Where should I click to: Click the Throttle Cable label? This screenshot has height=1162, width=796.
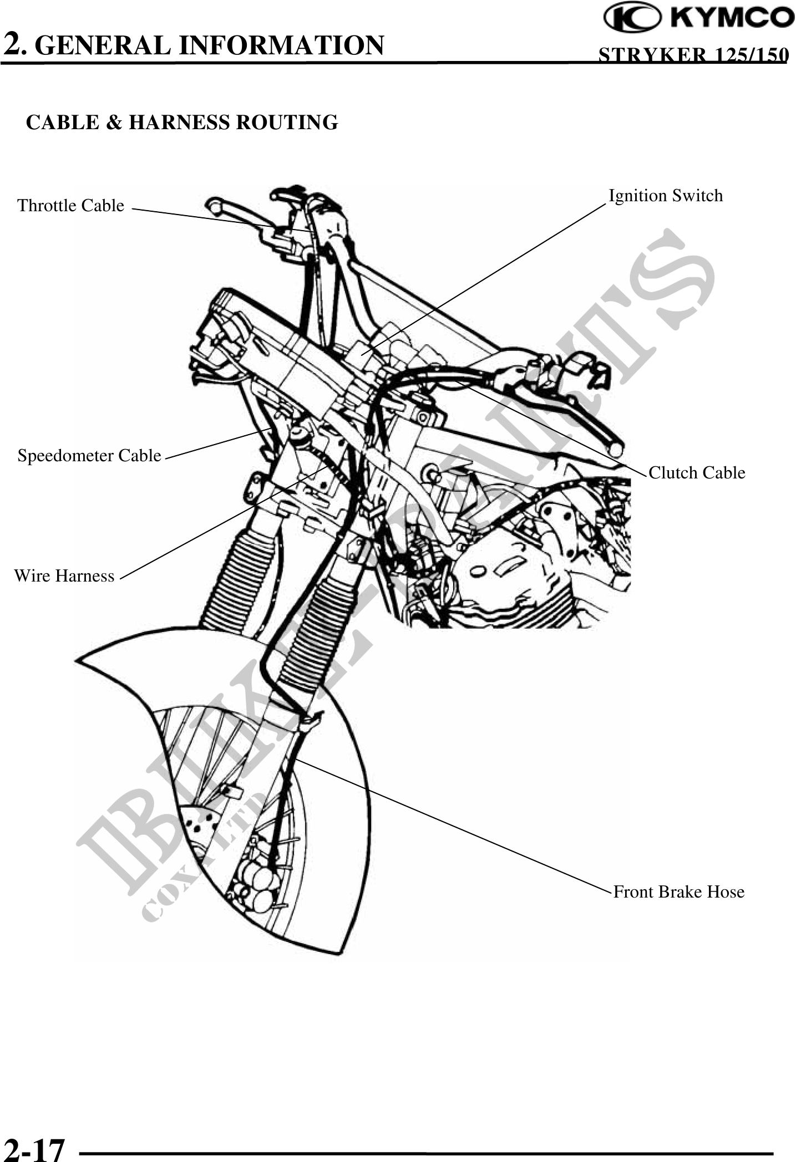tap(71, 206)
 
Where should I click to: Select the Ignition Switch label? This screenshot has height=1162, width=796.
tap(666, 196)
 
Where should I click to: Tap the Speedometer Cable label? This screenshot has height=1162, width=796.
tap(89, 456)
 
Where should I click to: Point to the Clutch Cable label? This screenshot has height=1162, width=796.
tap(697, 473)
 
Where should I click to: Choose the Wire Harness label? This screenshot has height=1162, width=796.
tap(64, 576)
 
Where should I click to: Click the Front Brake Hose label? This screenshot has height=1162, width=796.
tap(679, 892)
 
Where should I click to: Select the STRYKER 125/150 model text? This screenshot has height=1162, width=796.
tap(693, 55)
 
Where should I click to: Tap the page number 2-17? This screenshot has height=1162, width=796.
tap(34, 1147)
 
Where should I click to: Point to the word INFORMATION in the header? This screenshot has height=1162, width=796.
tap(281, 45)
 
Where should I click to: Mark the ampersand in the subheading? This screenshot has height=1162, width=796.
tap(114, 123)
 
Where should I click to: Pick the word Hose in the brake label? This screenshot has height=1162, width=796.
tap(725, 892)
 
